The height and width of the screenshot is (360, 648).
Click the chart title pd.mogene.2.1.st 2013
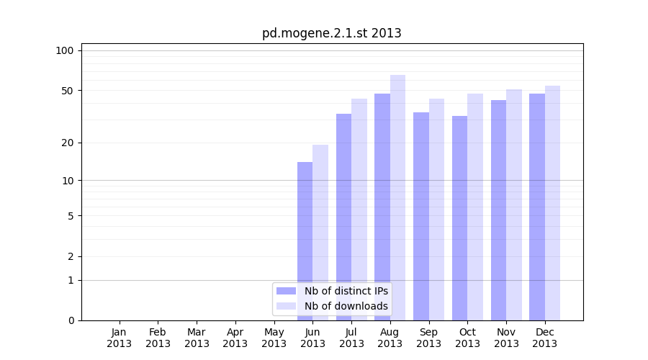click(331, 33)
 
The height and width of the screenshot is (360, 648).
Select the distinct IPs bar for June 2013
click(305, 241)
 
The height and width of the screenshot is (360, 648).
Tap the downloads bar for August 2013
click(397, 198)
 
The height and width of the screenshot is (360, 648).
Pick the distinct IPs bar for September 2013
click(421, 216)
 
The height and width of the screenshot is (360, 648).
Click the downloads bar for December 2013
click(552, 203)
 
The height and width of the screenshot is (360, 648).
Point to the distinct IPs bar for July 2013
click(343, 217)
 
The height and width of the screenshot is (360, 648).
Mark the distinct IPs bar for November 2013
click(498, 210)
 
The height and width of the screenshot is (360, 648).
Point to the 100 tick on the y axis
click(65, 50)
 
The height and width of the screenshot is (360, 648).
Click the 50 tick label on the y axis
click(67, 91)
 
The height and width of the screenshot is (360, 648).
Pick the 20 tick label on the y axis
click(67, 143)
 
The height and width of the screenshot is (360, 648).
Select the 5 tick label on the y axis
click(70, 215)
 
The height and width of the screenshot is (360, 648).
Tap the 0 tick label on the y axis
click(70, 320)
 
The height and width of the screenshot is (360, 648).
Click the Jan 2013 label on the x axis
click(119, 338)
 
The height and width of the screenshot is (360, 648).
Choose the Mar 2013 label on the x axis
click(197, 338)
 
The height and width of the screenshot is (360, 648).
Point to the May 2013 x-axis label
click(274, 338)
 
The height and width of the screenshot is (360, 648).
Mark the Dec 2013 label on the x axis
click(545, 338)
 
